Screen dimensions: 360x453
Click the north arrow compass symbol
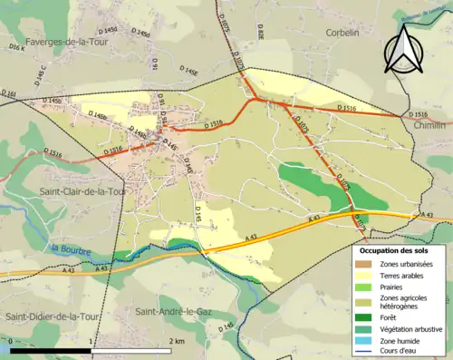pos(405,48)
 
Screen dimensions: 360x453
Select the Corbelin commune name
pos(343,32)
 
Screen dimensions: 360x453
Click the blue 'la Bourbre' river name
pos(68,248)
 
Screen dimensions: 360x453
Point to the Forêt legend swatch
pos(363,316)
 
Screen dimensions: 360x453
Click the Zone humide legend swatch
pos(363,340)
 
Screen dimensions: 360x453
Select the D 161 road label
pos(9,94)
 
